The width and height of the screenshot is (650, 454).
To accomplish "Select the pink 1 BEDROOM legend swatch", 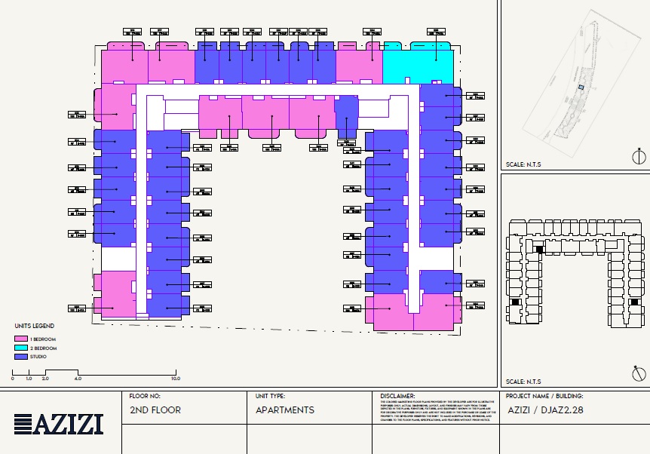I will [20, 340].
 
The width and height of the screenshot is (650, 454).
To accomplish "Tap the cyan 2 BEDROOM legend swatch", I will [20, 348].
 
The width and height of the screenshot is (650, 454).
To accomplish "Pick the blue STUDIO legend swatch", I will [20, 357].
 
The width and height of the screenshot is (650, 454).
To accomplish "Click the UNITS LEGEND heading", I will [33, 326].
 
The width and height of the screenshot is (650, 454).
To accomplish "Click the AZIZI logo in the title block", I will [59, 425].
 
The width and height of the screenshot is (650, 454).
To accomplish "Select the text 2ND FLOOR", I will [155, 410].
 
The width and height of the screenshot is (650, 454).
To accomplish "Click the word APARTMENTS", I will [285, 410].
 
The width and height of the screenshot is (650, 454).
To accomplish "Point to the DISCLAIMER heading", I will [397, 395].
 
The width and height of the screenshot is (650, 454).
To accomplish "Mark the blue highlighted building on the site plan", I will [581, 88].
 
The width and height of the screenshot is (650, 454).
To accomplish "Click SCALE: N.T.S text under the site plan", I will [523, 164].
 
